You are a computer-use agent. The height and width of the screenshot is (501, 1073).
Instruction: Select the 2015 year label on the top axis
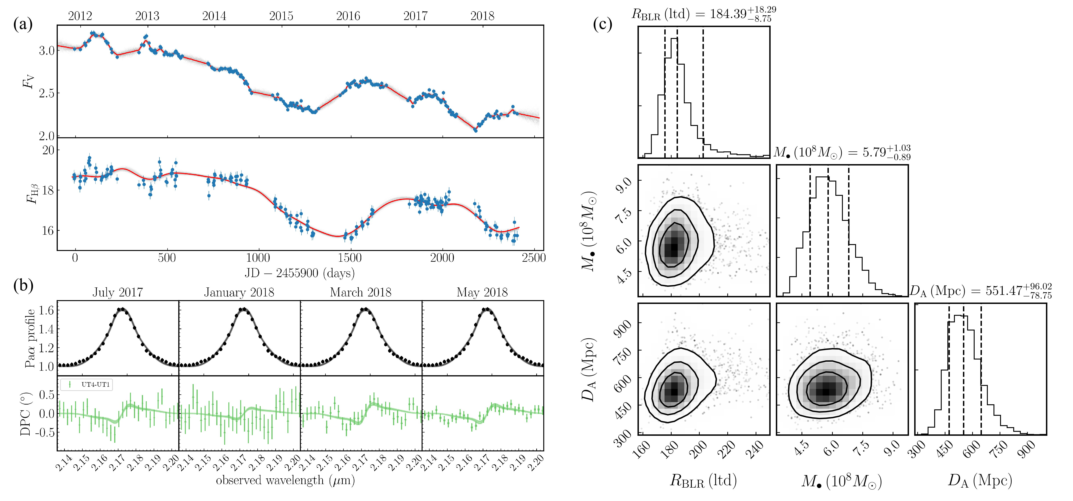[x=281, y=16]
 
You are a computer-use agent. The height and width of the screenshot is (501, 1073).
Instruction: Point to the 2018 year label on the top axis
[x=482, y=16]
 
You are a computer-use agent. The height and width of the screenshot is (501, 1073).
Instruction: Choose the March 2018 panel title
[x=361, y=292]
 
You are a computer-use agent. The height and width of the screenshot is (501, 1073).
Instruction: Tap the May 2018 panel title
[x=482, y=292]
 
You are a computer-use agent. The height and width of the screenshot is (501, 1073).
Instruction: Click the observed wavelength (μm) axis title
[x=285, y=481]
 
